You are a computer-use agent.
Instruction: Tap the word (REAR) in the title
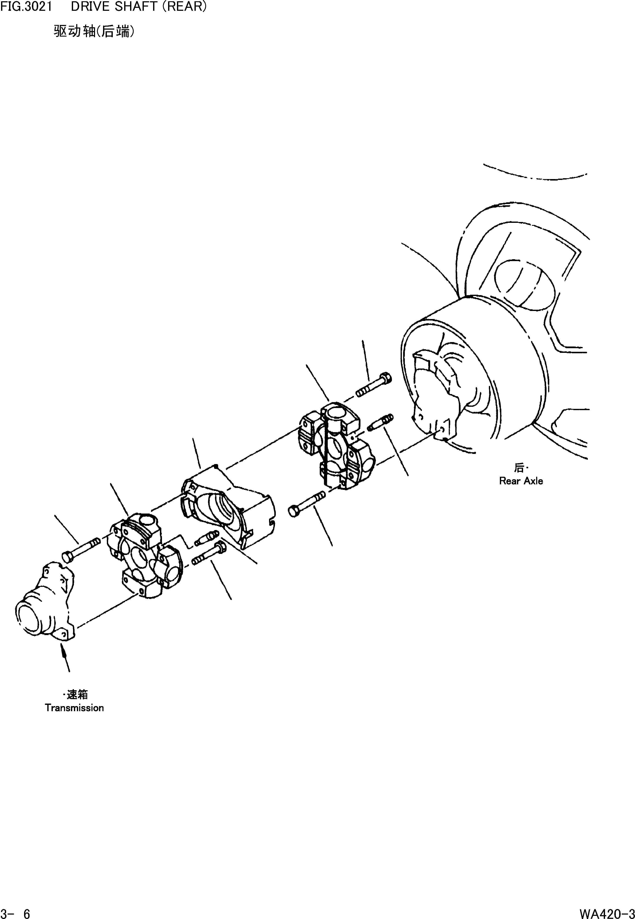(x=184, y=7)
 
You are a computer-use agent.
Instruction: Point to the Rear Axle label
(x=521, y=481)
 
